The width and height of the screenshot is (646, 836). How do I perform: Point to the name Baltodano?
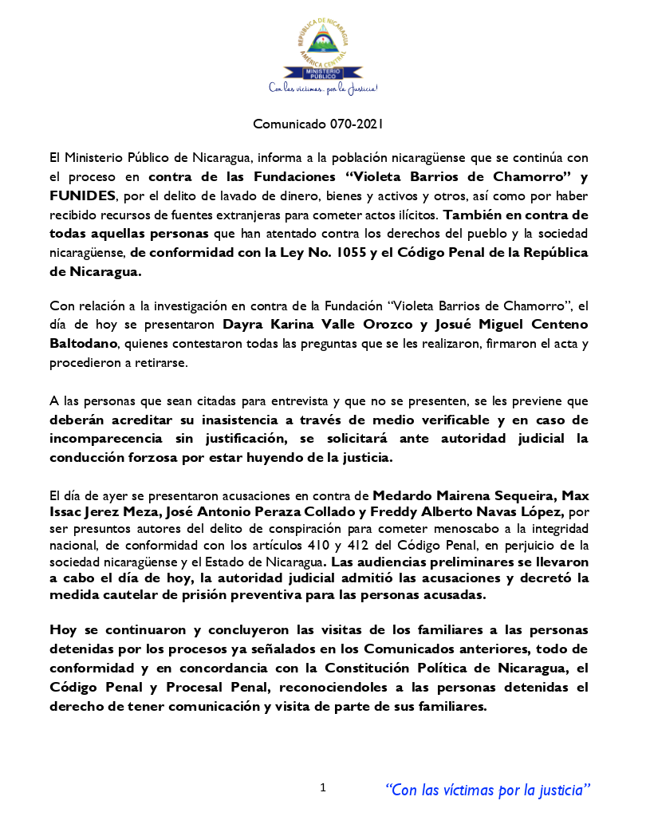(x=82, y=343)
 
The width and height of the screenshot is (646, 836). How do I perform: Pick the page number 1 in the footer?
(x=323, y=788)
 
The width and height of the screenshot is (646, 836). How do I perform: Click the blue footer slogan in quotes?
(x=488, y=790)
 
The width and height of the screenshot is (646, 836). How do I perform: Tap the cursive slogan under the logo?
(x=322, y=87)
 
